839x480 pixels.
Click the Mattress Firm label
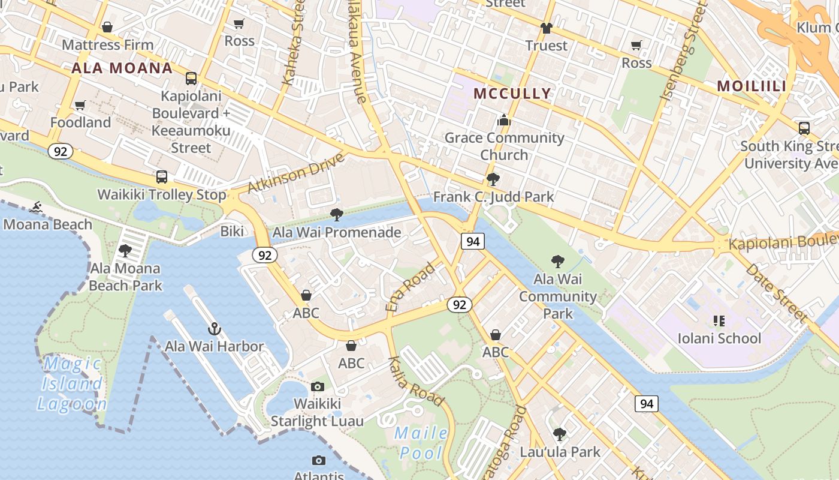click(x=108, y=45)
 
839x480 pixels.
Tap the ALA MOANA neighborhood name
click(x=122, y=68)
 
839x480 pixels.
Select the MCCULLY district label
click(x=512, y=93)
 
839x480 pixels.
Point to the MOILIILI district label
click(x=752, y=86)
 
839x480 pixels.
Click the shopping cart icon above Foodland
click(x=80, y=106)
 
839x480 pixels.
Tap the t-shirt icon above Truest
click(x=546, y=28)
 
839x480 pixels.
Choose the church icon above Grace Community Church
click(x=504, y=121)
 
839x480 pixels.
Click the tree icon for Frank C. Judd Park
click(x=493, y=179)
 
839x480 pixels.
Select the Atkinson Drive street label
click(x=296, y=173)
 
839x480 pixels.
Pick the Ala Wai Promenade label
click(x=337, y=232)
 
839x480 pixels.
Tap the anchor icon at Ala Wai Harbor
click(x=214, y=329)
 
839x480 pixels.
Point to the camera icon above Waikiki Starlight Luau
click(x=318, y=386)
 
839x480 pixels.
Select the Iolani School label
click(x=719, y=338)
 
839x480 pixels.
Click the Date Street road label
click(x=777, y=293)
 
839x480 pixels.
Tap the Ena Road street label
click(x=411, y=286)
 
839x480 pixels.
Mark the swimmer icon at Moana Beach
click(x=37, y=207)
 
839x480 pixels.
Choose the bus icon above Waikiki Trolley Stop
click(x=162, y=177)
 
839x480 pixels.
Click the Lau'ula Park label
click(x=560, y=452)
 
